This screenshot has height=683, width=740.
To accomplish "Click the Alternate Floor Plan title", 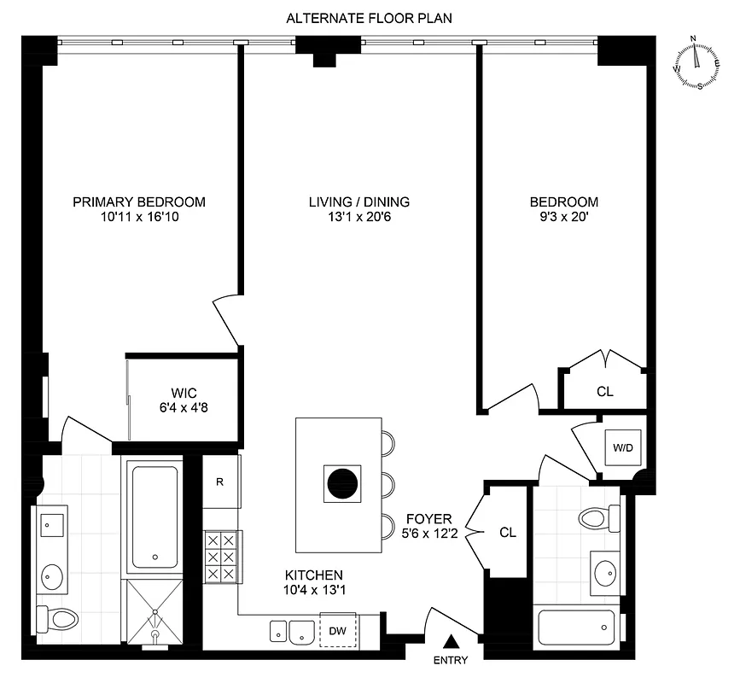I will coord(369,17).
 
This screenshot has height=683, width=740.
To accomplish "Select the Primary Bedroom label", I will coord(139,202).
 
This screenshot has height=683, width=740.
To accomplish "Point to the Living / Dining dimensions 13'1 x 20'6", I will coord(359,218).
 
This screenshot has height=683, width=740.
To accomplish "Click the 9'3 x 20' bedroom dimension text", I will coord(564,218).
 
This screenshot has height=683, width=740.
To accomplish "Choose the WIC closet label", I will coord(184,392).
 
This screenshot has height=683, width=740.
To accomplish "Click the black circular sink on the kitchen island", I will coord(341,485).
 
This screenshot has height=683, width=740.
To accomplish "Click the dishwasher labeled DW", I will coord(338,631).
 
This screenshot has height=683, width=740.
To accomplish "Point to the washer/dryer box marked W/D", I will coord(619,447).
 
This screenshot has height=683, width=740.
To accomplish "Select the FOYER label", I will coord(423,518).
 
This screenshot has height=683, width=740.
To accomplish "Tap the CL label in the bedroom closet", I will coord(605,392).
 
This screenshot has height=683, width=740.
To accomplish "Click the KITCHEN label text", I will coord(315,575).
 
